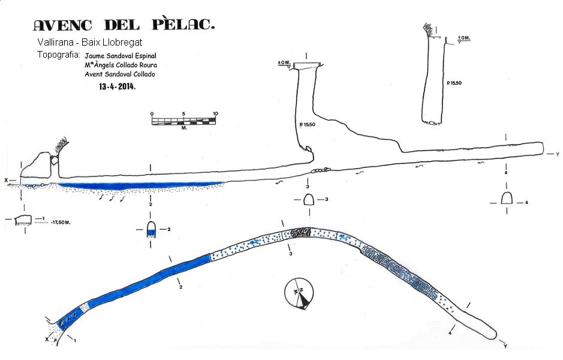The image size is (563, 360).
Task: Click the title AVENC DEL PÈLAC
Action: point(124,25)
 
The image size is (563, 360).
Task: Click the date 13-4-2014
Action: point(118,86)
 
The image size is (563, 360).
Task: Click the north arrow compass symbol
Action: point(299,294)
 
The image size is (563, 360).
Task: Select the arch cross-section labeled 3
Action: point(309,200)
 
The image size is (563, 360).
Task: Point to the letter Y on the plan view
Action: point(505,346)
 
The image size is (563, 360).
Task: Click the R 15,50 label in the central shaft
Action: point(306,125)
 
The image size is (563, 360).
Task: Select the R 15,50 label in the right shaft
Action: point(454,82)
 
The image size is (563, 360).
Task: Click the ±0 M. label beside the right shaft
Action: point(464,39)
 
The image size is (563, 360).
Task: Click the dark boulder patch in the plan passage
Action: point(300,233)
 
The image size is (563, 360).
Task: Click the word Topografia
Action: point(58,55)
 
